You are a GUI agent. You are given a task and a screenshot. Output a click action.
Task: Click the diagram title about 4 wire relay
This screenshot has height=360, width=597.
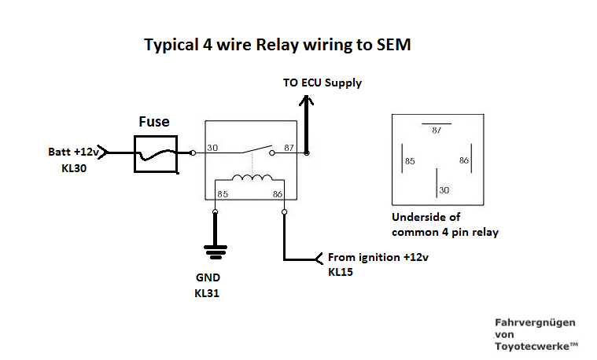(x=277, y=45)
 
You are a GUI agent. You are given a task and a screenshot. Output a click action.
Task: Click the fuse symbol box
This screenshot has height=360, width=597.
(x=155, y=152)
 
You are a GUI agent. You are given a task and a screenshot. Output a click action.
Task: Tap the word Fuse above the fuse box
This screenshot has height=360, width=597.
(x=154, y=122)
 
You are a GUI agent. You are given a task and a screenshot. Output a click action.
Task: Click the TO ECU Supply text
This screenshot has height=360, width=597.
(x=322, y=83)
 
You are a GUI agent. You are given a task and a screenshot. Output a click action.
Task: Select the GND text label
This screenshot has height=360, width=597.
(x=210, y=277)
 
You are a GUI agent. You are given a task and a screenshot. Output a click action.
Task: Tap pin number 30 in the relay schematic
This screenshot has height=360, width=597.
(x=212, y=148)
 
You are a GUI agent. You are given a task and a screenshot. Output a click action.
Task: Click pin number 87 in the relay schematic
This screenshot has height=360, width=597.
(x=289, y=148)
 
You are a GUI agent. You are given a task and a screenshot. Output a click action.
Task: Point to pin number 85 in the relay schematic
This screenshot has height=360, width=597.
(x=223, y=193)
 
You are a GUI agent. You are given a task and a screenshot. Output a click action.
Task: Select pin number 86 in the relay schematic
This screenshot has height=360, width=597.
(x=277, y=193)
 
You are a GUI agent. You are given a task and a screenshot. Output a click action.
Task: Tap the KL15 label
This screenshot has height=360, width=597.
(x=341, y=273)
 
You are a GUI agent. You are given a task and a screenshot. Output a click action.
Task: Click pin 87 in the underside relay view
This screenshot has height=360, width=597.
(x=437, y=131)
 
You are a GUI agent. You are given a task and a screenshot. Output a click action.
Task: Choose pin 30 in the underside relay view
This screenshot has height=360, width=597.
(x=444, y=190)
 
